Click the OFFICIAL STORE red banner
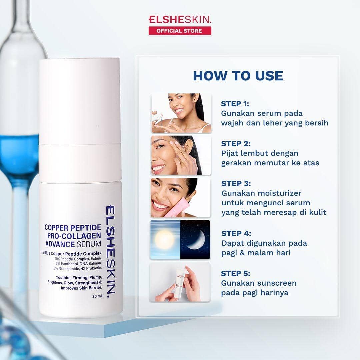pos(180,31)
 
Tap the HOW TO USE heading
pos(238,76)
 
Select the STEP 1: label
pos(235,104)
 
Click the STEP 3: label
pos(236,184)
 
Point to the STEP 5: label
pos(236,273)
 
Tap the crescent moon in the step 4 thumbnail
pos(197,241)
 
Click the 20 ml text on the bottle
pos(97,296)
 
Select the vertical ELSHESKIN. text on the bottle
pos(111,251)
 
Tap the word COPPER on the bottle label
pos(56,228)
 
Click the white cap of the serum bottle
pos(80,101)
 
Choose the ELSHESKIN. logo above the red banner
pos(180,20)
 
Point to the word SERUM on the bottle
pos(89,244)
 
